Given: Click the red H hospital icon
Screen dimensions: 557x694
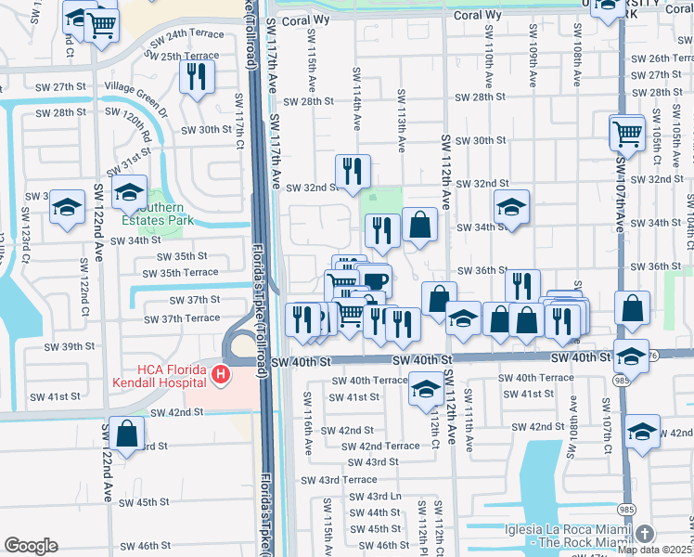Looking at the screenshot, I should pyautogui.click(x=221, y=375).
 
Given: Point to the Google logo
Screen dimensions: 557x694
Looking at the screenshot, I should pyautogui.click(x=31, y=546).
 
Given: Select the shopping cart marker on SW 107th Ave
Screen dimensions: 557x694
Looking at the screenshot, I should pyautogui.click(x=627, y=133).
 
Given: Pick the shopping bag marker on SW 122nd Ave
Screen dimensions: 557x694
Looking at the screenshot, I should pyautogui.click(x=126, y=433).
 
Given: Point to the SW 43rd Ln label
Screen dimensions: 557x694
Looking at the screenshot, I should pyautogui.click(x=375, y=497).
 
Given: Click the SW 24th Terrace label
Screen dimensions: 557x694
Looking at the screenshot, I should pyautogui.click(x=183, y=34).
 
